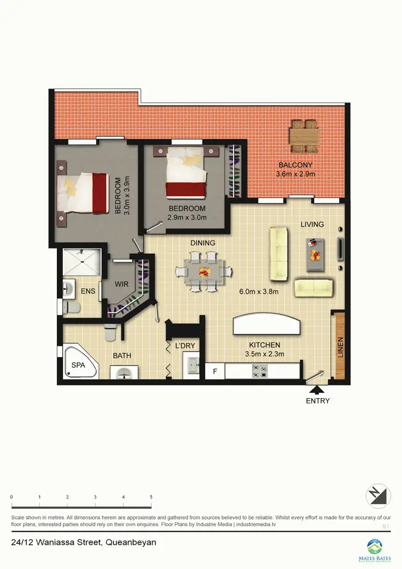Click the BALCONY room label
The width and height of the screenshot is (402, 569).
click(295, 165)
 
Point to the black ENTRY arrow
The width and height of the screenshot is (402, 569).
click(317, 390)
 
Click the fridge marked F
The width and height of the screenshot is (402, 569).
click(215, 371)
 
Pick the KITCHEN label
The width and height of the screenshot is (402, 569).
click(264, 345)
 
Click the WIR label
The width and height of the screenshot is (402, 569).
click(122, 284)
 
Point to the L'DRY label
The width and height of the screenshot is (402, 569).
click(185, 346)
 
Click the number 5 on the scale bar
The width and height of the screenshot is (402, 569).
click(151, 497)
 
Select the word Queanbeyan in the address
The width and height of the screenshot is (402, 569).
click(131, 543)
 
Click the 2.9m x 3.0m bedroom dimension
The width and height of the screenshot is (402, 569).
click(187, 217)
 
